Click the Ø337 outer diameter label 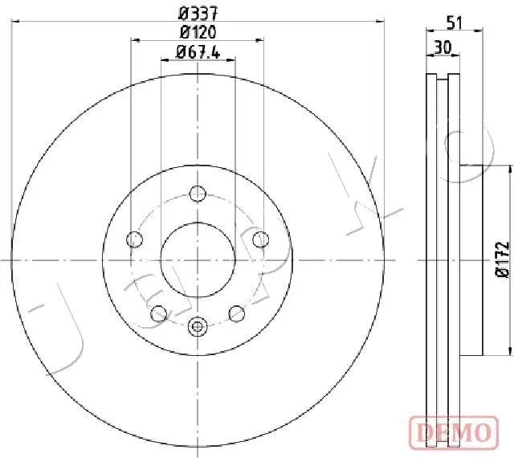tap(198, 13)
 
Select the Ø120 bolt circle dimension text tap(198, 32)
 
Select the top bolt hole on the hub tap(198, 193)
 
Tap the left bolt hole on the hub tap(135, 239)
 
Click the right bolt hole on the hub tap(259, 239)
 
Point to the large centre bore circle tap(198, 259)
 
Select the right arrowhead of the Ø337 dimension tap(381, 21)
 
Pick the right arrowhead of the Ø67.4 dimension tap(231, 61)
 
